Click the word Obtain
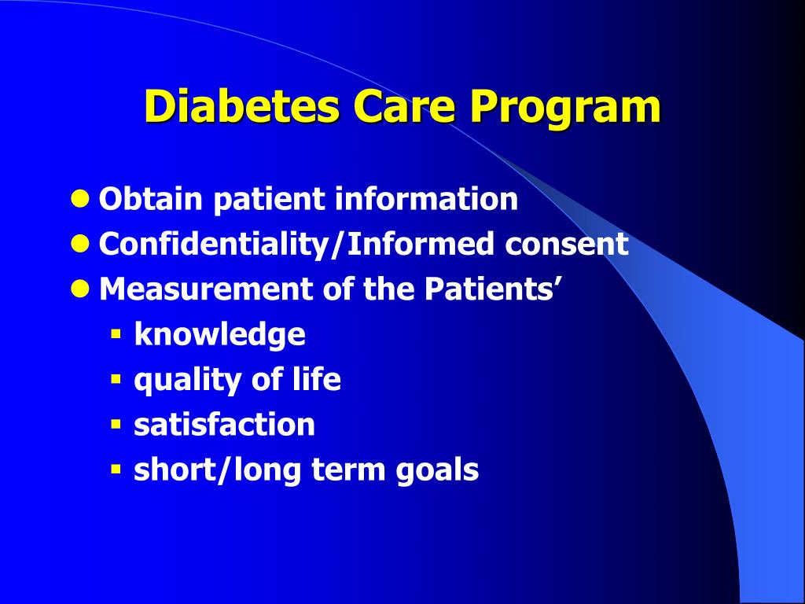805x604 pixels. click(151, 199)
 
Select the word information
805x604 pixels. click(426, 199)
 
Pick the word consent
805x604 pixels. click(566, 245)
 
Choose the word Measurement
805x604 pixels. click(206, 290)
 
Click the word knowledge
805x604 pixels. click(219, 335)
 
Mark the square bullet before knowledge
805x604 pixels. click(116, 335)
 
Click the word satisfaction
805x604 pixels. click(224, 425)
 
